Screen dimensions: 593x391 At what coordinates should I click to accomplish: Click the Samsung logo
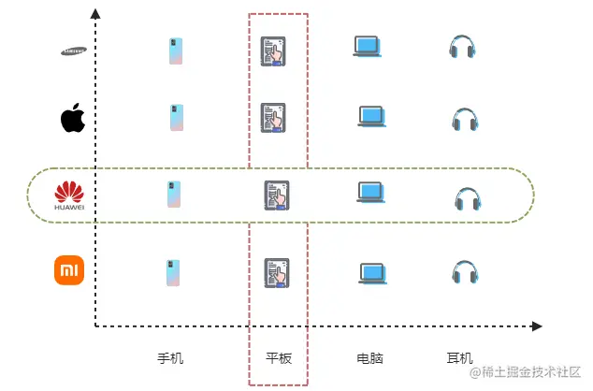point(74,51)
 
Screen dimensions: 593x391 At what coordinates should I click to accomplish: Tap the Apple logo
point(73,119)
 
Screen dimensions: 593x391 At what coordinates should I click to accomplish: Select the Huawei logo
point(69,195)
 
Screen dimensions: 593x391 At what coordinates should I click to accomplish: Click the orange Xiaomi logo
point(69,270)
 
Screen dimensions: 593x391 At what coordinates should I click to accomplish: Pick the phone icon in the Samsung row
point(175,51)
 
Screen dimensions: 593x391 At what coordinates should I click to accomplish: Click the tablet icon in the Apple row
point(273,118)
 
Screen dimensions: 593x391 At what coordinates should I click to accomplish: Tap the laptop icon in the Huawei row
point(371,193)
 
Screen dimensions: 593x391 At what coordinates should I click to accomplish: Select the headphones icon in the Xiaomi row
point(464,272)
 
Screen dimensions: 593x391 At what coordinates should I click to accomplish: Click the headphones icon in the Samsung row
point(462,48)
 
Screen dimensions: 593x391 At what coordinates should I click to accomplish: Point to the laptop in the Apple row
point(371,117)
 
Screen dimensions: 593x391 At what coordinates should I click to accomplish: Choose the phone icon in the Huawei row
point(175,194)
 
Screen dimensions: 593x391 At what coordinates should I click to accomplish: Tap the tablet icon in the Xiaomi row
point(276,272)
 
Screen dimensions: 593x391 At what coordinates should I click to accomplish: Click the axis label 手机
point(170,358)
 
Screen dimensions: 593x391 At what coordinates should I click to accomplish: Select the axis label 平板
point(279,358)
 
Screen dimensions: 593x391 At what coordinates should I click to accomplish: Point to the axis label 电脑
point(370,358)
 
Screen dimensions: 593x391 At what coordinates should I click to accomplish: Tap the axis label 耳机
point(460,358)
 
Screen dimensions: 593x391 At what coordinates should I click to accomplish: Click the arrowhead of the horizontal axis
point(537,326)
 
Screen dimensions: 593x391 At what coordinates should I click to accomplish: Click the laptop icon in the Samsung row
point(367,47)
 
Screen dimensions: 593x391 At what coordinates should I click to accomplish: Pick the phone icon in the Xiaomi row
point(175,272)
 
